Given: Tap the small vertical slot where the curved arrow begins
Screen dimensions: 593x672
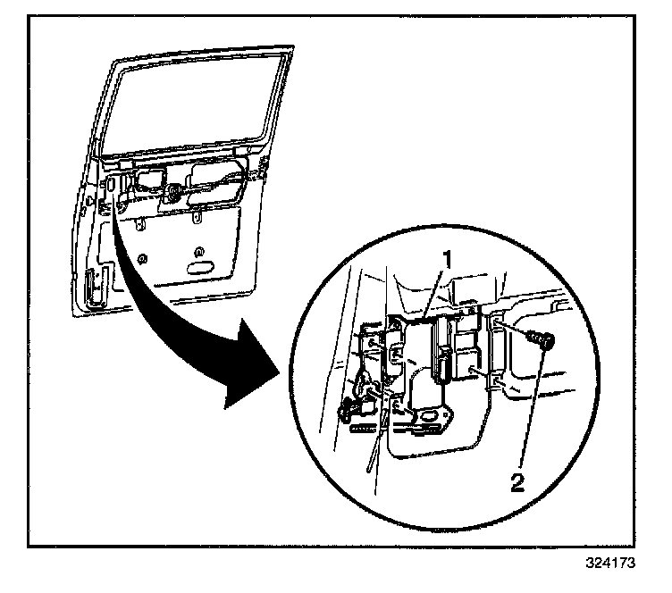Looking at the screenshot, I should click(112, 188).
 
